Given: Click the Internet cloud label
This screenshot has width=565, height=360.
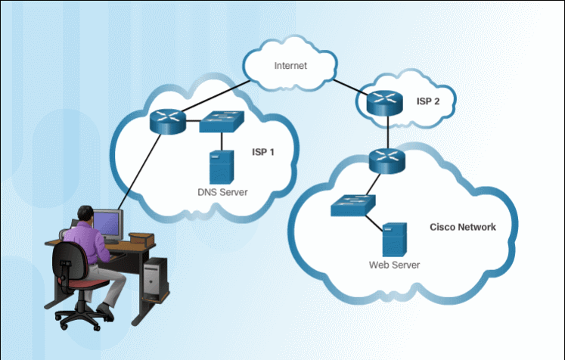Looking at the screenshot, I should coord(290,66).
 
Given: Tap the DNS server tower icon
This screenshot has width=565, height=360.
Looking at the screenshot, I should coord(221,165).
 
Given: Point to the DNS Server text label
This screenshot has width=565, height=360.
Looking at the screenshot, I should coord(222,192).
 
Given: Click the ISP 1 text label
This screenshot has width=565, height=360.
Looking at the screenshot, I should coord(263,151).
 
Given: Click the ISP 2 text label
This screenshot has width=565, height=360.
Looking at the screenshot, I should coord(428,101).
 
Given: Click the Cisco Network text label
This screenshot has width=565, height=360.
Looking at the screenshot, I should coord(463,227).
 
